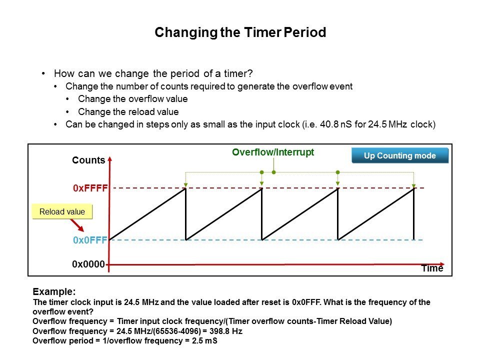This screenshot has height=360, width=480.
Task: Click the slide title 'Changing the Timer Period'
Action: click(240, 32)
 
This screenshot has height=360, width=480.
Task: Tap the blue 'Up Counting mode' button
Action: click(400, 155)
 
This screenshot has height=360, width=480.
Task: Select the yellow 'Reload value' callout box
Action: click(62, 211)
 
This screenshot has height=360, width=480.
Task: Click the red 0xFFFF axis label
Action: click(90, 188)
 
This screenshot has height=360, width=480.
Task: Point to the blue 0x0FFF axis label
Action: click(90, 240)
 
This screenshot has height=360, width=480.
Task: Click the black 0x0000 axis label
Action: click(88, 264)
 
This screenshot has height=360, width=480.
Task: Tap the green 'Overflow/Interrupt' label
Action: click(273, 152)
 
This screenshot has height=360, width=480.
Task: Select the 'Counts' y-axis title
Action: click(88, 160)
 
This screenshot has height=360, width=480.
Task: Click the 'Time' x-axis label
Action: click(432, 268)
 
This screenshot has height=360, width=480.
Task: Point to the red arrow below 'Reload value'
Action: click(77, 225)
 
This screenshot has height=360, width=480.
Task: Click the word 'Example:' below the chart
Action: click(54, 291)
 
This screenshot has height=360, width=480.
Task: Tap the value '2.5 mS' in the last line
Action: click(204, 340)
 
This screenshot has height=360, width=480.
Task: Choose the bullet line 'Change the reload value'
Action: click(128, 111)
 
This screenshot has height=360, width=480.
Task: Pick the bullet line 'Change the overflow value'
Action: click(133, 99)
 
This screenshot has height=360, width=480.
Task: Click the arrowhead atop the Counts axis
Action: click(110, 159)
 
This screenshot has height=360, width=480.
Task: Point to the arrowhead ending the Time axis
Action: click(442, 264)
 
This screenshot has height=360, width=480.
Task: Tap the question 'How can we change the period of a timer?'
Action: click(153, 74)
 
